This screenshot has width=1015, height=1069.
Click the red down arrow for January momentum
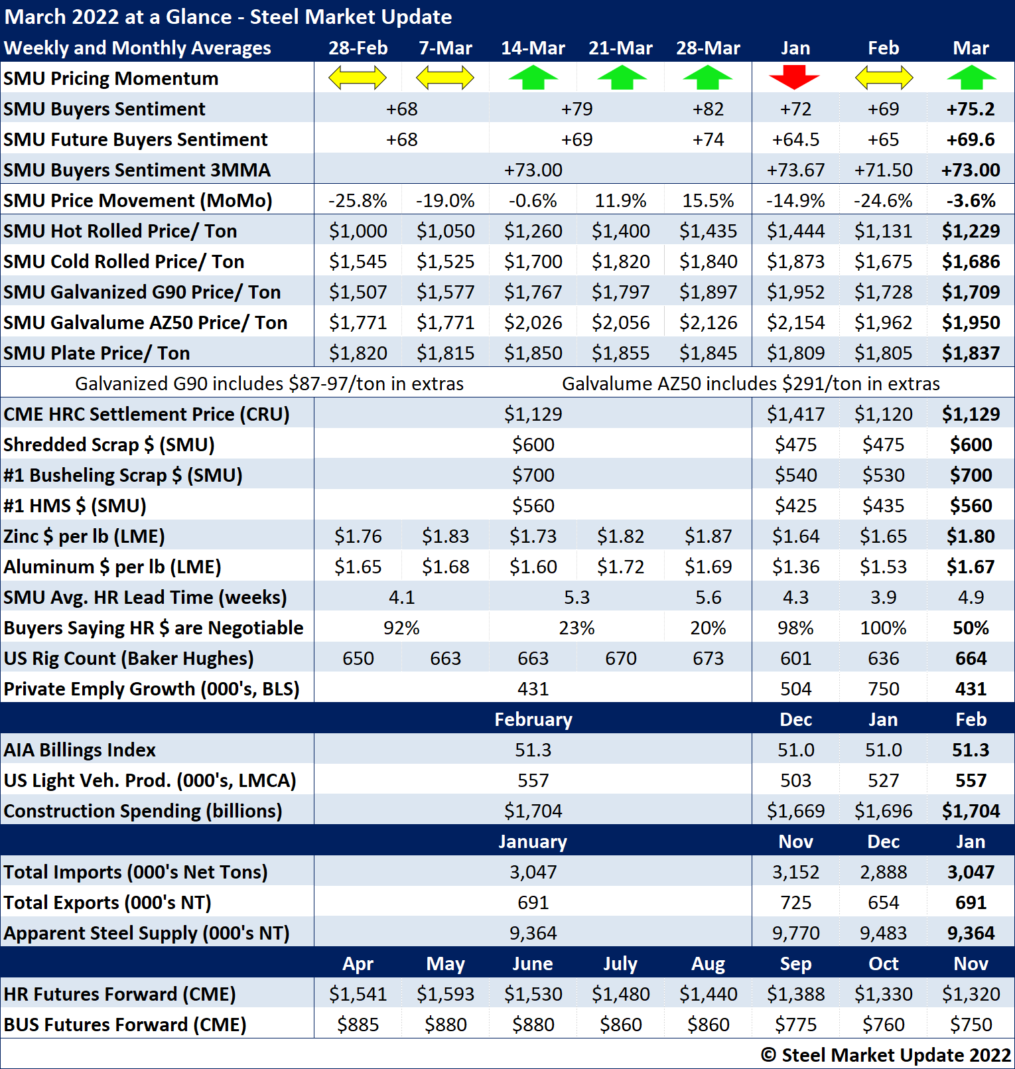[x=795, y=78]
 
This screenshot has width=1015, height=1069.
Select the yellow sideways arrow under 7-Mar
[x=445, y=78]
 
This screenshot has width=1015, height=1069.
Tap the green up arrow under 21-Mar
[x=621, y=78]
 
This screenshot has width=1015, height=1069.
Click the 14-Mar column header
[x=533, y=48]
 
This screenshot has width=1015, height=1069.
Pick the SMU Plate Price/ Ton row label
[x=97, y=353]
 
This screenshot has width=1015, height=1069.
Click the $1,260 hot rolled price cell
[x=533, y=231]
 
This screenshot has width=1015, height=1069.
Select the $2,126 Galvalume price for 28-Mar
[x=708, y=322]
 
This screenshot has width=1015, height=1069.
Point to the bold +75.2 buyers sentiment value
[x=971, y=109]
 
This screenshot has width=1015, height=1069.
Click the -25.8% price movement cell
[x=358, y=200]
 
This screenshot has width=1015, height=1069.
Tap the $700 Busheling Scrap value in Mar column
[x=971, y=475]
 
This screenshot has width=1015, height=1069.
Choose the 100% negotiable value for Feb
[x=883, y=628]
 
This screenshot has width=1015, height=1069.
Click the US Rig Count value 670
[x=620, y=658]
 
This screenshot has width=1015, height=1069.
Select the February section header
[x=533, y=719]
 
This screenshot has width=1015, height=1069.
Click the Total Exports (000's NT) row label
[x=107, y=902]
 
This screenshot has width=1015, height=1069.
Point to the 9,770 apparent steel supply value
[x=795, y=933]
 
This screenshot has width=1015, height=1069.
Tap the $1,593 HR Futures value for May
[x=445, y=994]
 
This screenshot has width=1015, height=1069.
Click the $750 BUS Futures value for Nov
[x=971, y=1025]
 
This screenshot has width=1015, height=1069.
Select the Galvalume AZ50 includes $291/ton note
[x=750, y=384]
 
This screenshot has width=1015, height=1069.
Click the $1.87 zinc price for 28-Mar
[x=708, y=536]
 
